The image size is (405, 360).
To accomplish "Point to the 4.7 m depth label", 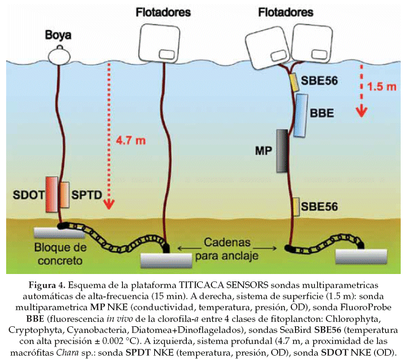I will click(131, 141).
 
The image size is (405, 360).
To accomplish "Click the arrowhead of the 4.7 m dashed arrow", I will click(108, 203).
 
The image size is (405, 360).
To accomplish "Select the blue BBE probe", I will click(302, 114).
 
